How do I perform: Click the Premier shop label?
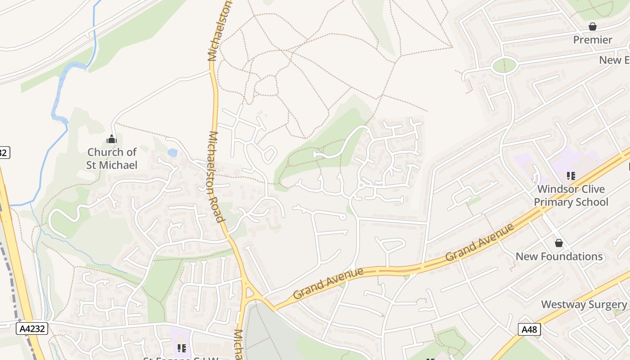[x=593, y=40]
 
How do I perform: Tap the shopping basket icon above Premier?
[x=593, y=27]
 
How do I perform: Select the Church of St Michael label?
[x=112, y=158]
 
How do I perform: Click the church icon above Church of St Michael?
[x=111, y=139]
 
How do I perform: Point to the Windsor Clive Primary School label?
[x=571, y=195]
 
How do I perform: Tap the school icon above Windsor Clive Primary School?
[x=571, y=175]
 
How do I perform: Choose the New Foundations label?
[x=559, y=256]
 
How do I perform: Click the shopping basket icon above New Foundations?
[x=559, y=243]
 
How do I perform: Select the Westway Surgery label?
[x=583, y=304]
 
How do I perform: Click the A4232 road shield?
[x=32, y=328]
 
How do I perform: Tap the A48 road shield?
[x=529, y=329]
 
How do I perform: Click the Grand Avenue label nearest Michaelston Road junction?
[x=328, y=283]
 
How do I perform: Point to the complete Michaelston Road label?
[x=216, y=177]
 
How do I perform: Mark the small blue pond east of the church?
[x=172, y=153]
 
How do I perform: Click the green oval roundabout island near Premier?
[x=504, y=66]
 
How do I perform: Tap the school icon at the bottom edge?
[x=182, y=348]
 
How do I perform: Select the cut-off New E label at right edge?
[x=614, y=60]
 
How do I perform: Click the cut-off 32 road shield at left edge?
[x=4, y=153]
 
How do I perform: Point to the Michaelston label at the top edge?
[x=219, y=31]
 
